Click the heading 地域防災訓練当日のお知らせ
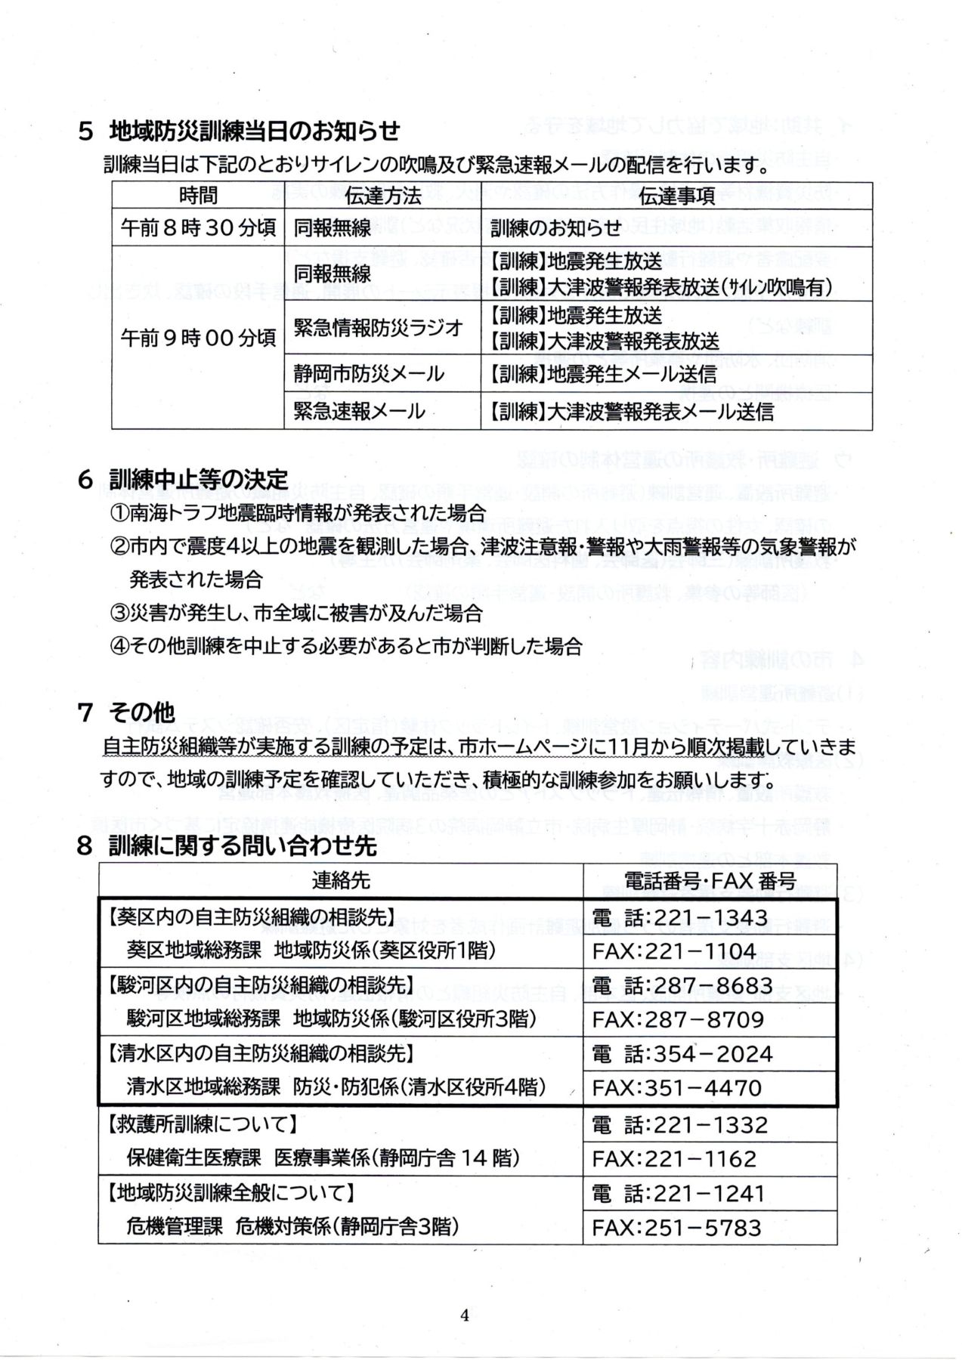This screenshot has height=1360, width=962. click(x=254, y=131)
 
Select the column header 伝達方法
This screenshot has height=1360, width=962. click(x=382, y=196)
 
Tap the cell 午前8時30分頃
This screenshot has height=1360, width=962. click(x=198, y=227)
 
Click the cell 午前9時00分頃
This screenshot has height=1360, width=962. click(x=198, y=337)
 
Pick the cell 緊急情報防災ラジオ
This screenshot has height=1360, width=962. click(x=378, y=328)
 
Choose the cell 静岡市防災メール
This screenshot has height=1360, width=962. click(x=369, y=373)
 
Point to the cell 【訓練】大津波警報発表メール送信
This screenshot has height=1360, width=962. click(x=632, y=411)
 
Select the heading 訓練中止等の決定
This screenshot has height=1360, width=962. click(x=198, y=479)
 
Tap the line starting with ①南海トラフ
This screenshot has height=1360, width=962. click(x=298, y=513)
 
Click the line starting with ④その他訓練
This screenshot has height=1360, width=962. click(x=346, y=646)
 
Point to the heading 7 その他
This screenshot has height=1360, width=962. click(x=126, y=712)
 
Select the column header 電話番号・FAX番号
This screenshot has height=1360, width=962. click(x=710, y=880)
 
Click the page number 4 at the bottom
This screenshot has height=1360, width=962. click(x=464, y=1315)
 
